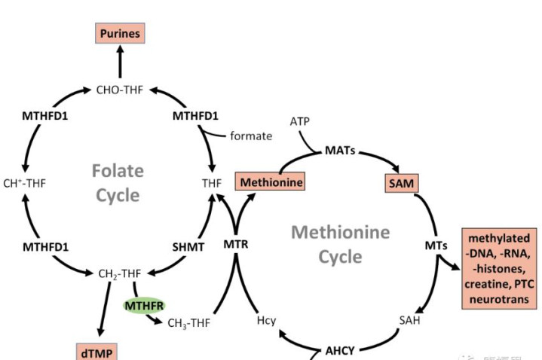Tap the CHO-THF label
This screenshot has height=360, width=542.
(121, 90)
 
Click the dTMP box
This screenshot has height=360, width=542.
(97, 352)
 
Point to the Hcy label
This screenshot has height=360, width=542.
(267, 321)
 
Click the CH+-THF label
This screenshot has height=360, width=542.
(26, 182)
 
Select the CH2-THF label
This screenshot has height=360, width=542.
(121, 273)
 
